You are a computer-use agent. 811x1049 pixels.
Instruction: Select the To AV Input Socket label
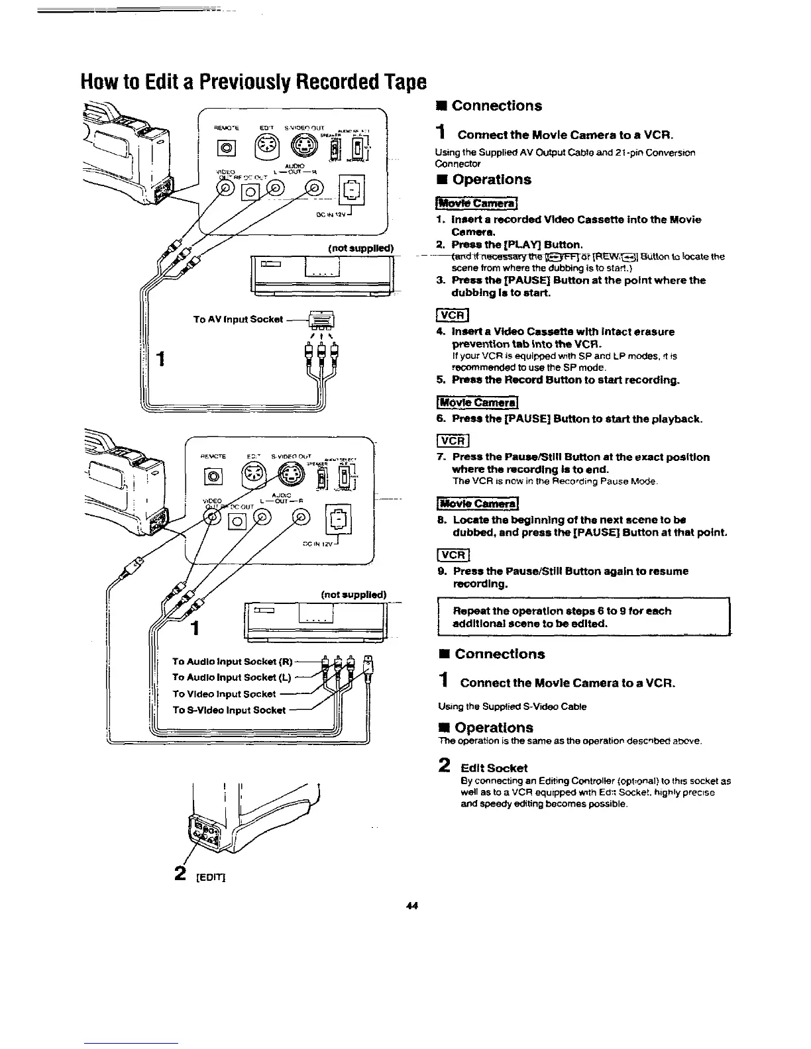[x=238, y=319]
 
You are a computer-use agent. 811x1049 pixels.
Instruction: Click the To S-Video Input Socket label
[x=229, y=710]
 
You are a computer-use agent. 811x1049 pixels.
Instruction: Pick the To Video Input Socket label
[x=224, y=693]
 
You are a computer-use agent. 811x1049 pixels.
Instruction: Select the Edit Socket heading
[x=494, y=768]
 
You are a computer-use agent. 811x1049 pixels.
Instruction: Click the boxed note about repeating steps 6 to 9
[x=583, y=617]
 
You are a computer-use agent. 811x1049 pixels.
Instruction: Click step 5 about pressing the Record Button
[x=567, y=380]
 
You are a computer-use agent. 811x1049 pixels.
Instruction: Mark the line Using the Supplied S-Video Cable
[x=512, y=706]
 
